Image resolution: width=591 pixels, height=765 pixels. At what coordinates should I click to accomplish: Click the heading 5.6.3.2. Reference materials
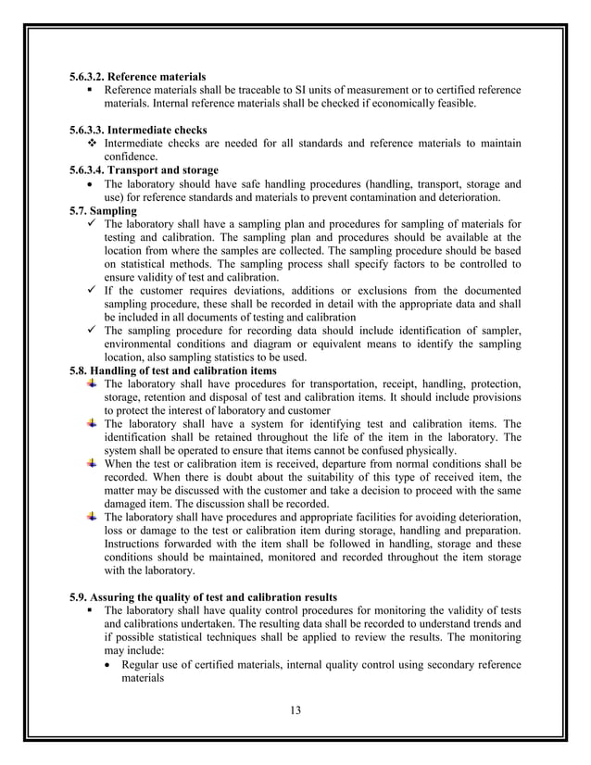pyautogui.click(x=138, y=75)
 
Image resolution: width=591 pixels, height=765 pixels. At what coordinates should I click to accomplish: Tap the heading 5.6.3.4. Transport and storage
pyautogui.click(x=145, y=170)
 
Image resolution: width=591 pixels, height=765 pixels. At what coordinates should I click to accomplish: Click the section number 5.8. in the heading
pyautogui.click(x=82, y=371)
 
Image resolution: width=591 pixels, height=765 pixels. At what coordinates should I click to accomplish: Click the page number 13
pyautogui.click(x=295, y=710)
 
